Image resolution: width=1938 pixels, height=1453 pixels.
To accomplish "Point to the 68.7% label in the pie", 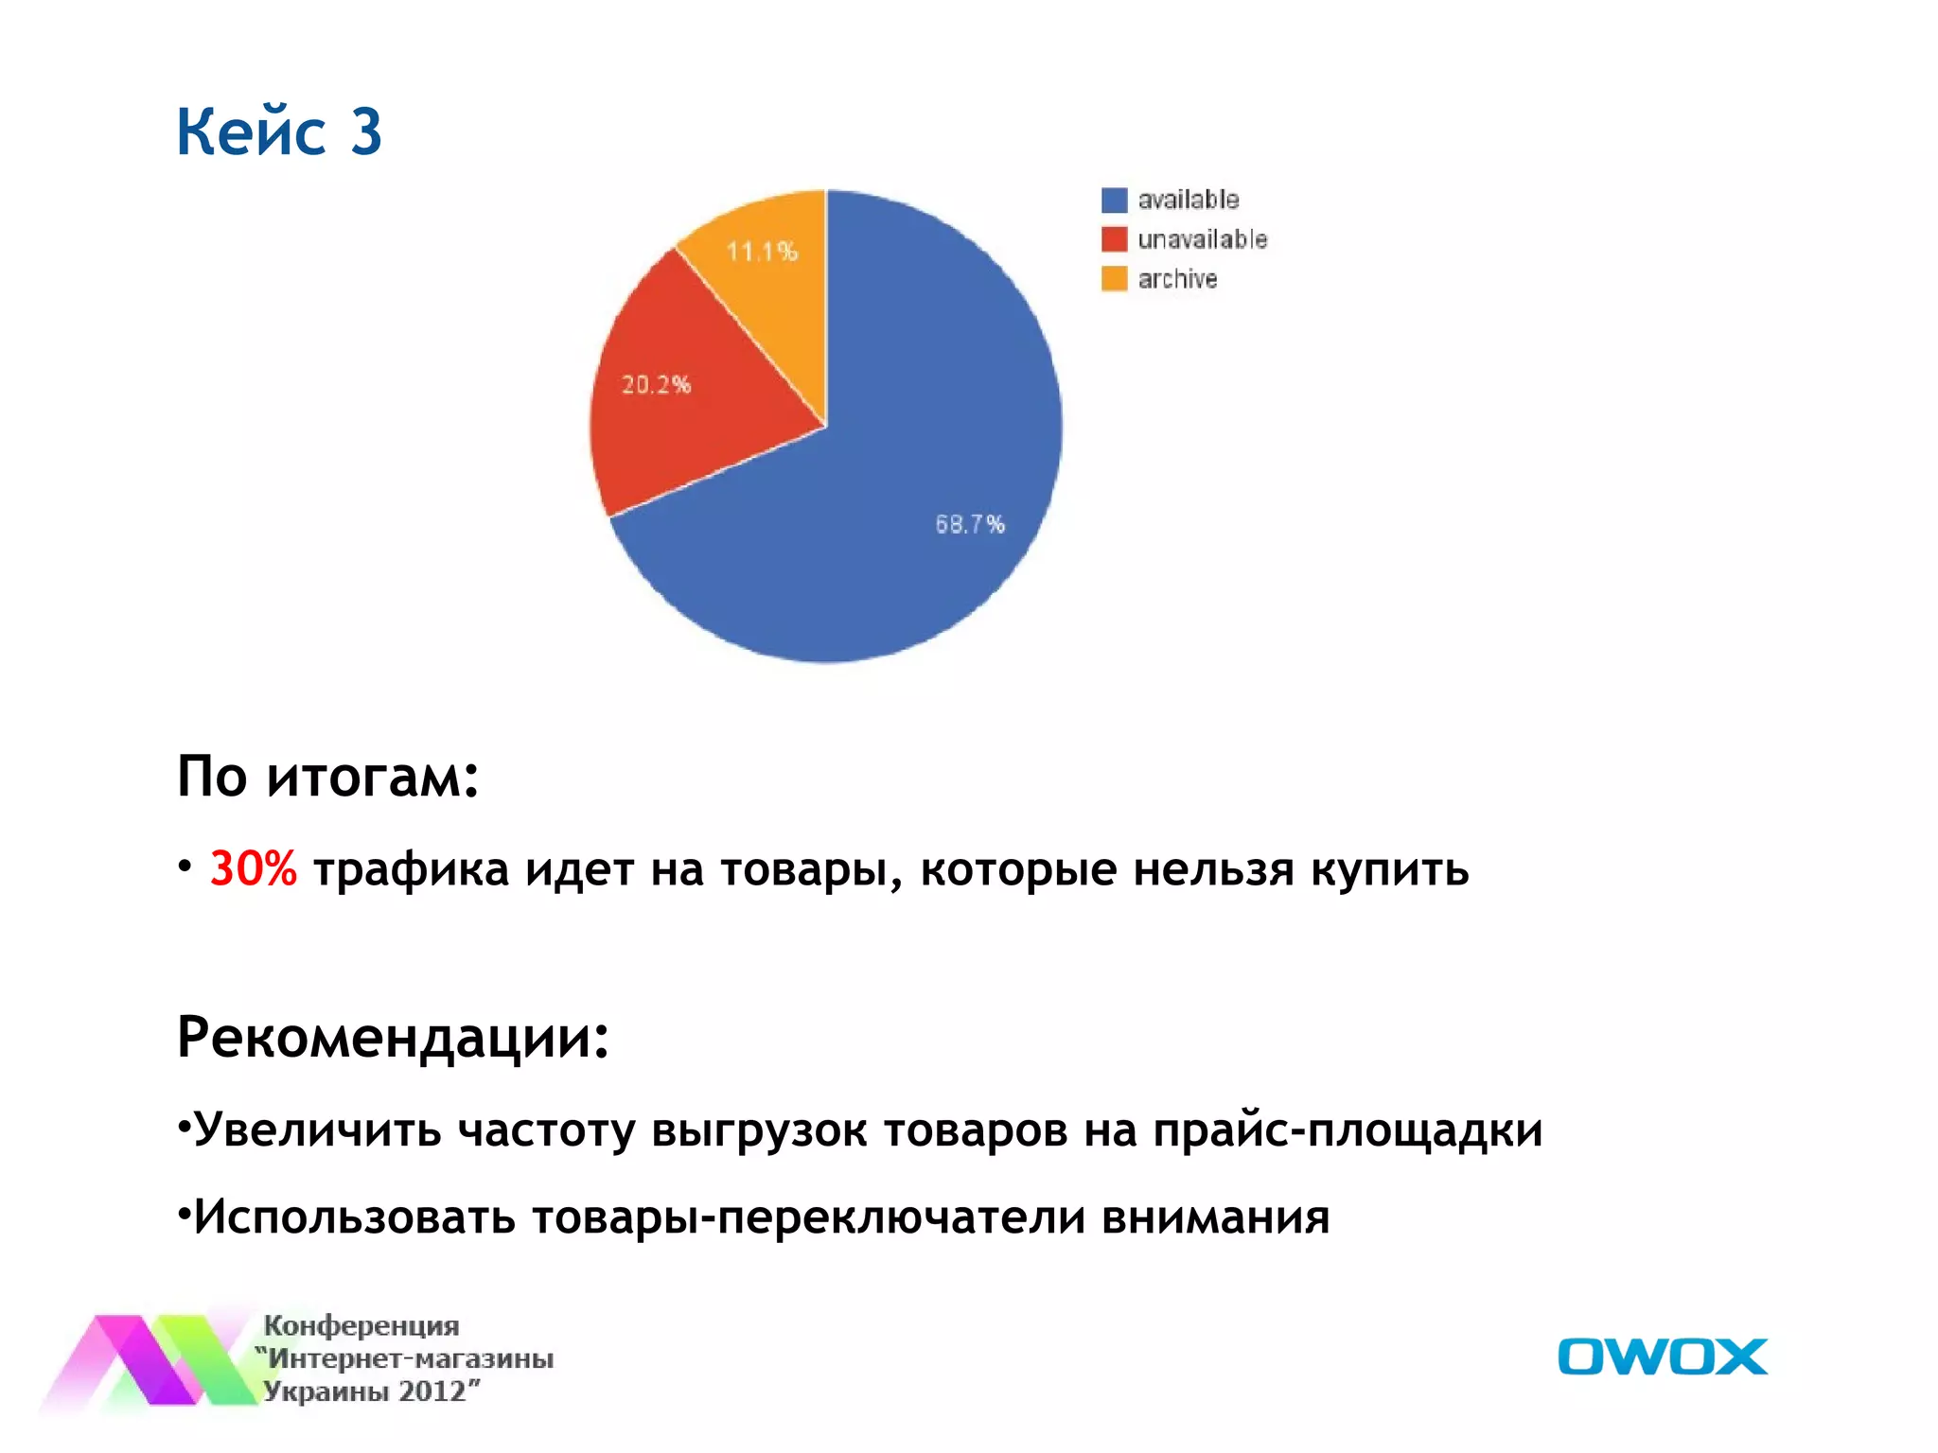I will (x=970, y=524).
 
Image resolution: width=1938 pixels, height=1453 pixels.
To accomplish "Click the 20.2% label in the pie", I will (x=656, y=384).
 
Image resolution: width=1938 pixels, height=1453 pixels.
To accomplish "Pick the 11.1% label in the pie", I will (x=762, y=252).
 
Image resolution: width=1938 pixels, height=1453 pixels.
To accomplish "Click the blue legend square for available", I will (x=1114, y=200).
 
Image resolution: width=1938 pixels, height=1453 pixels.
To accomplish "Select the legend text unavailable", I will (x=1202, y=239).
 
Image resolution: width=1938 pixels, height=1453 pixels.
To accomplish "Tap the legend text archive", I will (x=1177, y=279).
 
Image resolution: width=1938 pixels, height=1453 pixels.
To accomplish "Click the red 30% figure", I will (x=253, y=867).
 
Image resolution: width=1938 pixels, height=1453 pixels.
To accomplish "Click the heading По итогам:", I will (x=327, y=777).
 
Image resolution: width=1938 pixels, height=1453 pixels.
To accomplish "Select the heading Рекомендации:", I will (x=393, y=1037).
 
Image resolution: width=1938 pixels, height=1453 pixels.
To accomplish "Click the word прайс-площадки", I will (x=1348, y=1129).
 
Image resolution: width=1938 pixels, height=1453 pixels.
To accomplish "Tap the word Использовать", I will (x=355, y=1217).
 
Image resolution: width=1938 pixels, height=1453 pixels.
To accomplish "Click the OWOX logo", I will (x=1662, y=1357).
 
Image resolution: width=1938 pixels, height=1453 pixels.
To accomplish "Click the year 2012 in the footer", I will (x=433, y=1392).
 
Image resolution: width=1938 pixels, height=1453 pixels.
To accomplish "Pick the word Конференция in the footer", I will (x=361, y=1325).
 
